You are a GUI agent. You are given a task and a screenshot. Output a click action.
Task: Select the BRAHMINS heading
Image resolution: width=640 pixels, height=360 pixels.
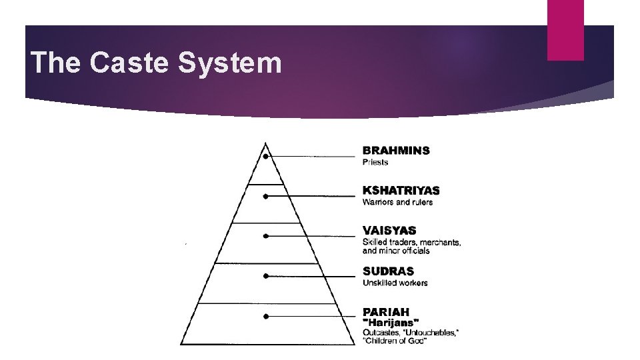coord(396,150)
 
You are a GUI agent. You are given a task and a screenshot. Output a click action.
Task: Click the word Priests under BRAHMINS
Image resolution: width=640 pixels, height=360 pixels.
coord(375,162)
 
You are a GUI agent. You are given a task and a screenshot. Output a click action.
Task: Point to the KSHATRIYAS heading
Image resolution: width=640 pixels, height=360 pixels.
coord(401,191)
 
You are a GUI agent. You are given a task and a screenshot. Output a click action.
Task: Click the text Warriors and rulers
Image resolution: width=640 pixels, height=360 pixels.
coord(397,202)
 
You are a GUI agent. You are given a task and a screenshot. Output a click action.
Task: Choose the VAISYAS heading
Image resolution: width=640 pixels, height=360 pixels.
coord(389,231)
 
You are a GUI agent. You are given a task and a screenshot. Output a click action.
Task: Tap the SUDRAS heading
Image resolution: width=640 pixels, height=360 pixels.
coord(388,271)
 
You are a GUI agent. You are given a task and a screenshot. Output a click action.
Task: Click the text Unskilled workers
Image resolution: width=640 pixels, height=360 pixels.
coord(395,283)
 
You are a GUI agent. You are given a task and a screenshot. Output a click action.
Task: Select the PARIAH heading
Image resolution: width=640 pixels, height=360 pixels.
coord(386,311)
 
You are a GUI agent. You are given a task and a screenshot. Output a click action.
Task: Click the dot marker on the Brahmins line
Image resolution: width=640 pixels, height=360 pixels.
coord(265,157)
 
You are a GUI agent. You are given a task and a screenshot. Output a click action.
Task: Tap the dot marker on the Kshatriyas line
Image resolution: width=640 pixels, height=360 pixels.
coord(265,197)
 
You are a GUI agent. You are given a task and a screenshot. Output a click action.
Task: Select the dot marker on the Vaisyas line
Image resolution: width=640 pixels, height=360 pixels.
coord(265,236)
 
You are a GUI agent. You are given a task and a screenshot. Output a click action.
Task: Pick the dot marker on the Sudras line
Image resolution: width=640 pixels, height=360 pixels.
coord(265,276)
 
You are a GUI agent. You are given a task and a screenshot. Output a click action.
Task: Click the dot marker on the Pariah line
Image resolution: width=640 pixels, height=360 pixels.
coord(265,316)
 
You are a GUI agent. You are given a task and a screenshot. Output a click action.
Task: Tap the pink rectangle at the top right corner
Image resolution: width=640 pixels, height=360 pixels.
coord(565,30)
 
